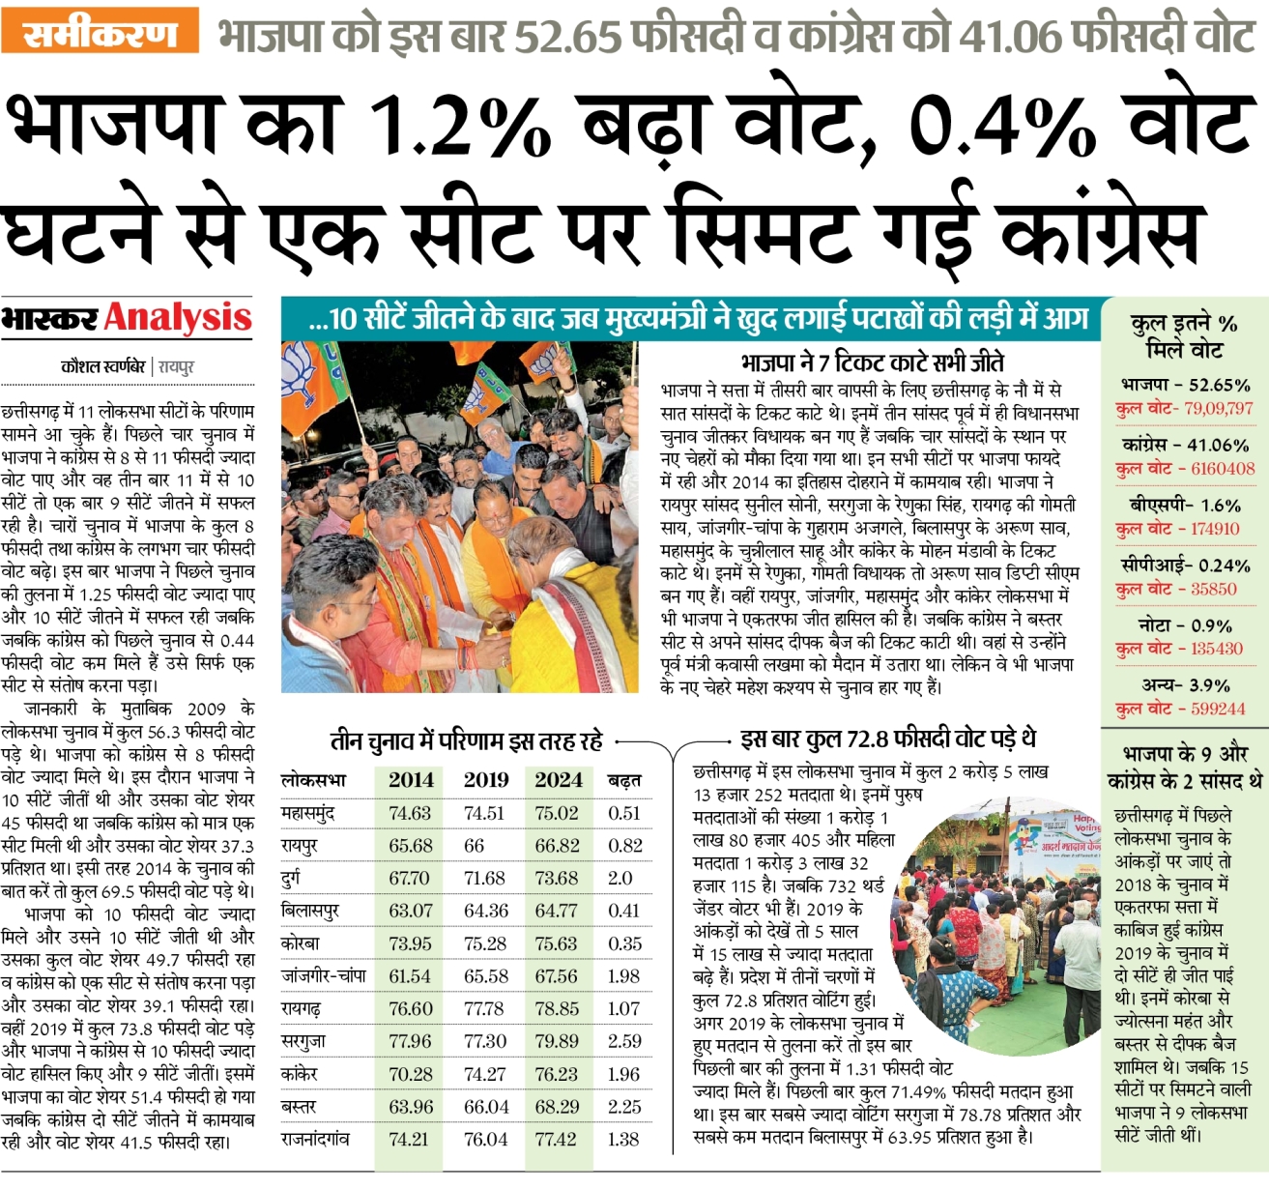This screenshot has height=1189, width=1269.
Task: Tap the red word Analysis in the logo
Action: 178,318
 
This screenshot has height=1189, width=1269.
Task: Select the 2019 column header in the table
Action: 485,780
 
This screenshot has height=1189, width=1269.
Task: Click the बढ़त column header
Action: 624,780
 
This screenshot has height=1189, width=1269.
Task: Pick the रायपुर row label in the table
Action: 300,846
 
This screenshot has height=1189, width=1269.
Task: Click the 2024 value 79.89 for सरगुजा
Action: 557,1041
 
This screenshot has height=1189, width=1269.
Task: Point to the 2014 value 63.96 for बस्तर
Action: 410,1106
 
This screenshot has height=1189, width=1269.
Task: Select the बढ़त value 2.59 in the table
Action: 624,1041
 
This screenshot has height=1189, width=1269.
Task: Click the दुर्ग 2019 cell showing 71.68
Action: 485,878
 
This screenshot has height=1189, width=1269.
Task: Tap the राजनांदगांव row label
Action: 315,1139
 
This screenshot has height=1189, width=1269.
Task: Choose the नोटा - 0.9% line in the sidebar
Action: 1184,625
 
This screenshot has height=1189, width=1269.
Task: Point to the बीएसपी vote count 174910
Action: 1215,529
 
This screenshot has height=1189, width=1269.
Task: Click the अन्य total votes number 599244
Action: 1217,709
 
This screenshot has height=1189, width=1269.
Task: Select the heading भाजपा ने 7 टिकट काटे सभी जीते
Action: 872,362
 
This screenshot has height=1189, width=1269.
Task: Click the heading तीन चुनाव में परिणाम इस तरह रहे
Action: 466,741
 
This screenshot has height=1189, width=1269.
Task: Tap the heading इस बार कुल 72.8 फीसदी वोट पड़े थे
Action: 887,739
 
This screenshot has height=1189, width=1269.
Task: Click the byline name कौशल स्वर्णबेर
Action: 103,367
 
